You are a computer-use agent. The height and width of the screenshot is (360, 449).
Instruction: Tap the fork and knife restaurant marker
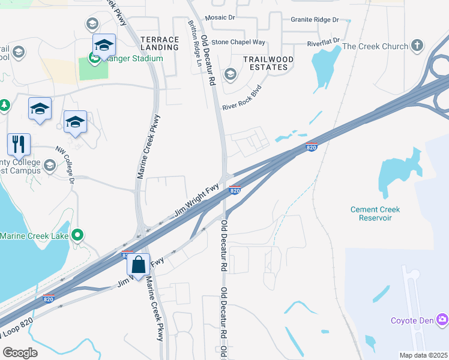[19, 145]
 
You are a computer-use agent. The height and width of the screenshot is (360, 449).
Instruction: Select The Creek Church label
[375, 46]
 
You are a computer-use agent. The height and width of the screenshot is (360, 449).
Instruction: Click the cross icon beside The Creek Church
[417, 46]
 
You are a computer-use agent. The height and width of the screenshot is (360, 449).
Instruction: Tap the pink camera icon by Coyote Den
[442, 319]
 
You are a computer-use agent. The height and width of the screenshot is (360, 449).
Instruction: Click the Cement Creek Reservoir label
[375, 214]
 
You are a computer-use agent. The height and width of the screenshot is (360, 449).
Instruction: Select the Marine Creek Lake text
[34, 236]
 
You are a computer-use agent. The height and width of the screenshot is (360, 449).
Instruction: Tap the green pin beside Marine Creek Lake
[77, 236]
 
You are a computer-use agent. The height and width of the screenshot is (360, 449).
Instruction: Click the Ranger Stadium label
[131, 58]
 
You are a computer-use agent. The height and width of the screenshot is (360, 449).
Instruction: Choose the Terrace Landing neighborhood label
[160, 44]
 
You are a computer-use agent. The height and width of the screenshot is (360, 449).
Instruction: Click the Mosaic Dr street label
[220, 18]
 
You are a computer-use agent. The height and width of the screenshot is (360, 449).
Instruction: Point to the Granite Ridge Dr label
[315, 20]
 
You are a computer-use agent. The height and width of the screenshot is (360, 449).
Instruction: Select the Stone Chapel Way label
[238, 42]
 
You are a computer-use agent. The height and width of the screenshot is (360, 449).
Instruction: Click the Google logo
[20, 353]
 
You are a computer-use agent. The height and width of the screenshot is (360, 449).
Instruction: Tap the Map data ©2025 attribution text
[423, 355]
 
